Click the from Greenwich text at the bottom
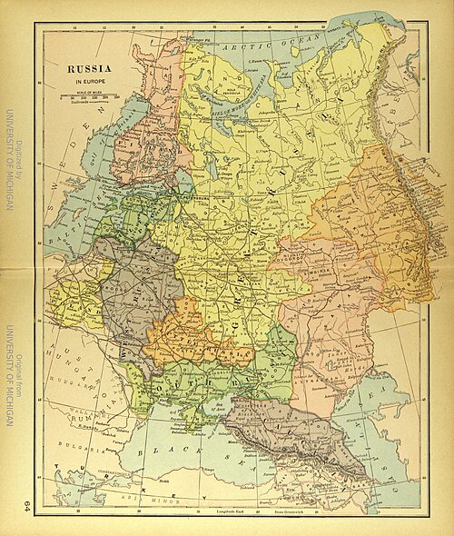(284, 515)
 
